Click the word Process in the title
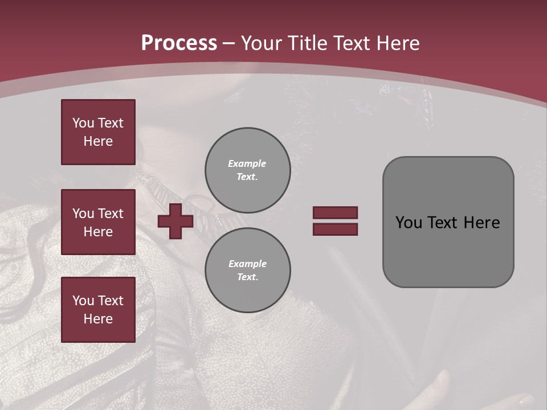pos(179,43)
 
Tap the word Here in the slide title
pos(398,43)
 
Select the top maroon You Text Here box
pos(98,132)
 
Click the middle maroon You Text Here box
pos(98,222)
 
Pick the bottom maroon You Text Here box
pos(98,310)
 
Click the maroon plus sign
pos(175,221)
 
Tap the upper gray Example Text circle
pos(248,170)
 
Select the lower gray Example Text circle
pos(248,270)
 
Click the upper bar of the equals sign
pos(335,212)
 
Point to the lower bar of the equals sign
pos(335,229)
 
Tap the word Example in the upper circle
pos(247,163)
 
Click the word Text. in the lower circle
pos(247,277)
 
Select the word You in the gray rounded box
pos(409,223)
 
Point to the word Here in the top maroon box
pos(98,141)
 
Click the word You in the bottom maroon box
pos(83,301)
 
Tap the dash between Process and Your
pos(228,43)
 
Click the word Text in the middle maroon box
pos(111,214)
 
